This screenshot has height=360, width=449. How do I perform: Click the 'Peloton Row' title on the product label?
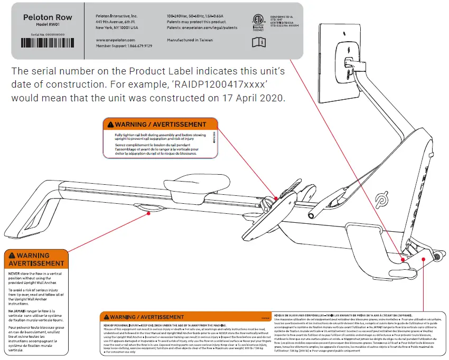(48, 17)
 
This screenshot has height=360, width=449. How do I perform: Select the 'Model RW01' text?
(48, 25)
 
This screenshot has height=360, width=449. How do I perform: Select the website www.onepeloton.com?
(116, 40)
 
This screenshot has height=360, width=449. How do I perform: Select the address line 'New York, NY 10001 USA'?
(117, 28)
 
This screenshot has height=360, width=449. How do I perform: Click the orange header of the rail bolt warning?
(161, 125)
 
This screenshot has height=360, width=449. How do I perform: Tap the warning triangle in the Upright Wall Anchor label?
(12, 255)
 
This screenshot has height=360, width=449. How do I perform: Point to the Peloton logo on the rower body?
(380, 202)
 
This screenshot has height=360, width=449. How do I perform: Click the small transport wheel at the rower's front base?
(437, 257)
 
